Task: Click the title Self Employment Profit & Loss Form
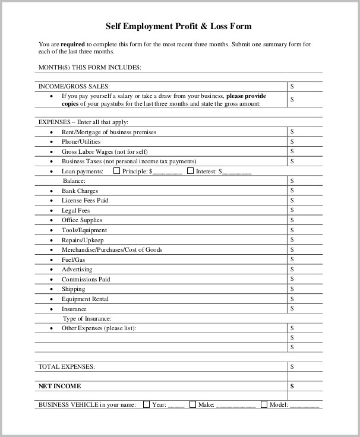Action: [x=179, y=26]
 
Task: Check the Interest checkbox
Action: [x=190, y=171]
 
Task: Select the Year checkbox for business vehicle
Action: [x=147, y=404]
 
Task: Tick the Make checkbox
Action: [x=192, y=404]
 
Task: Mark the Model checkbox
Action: [x=264, y=404]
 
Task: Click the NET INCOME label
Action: [x=59, y=386]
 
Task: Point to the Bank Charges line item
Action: [x=80, y=191]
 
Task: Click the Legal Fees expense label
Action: [x=76, y=210]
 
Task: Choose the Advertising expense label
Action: [x=77, y=269]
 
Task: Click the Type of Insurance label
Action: [x=87, y=318]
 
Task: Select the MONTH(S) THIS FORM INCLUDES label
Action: [x=90, y=67]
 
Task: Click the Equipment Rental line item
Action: [x=85, y=299]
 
